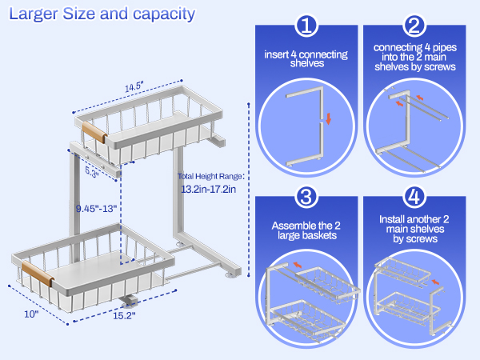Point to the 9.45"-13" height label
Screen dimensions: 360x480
pos(97,208)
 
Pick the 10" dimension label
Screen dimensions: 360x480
pos(31,314)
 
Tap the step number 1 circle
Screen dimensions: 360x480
pos(306,26)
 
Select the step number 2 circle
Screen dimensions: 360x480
pos(414,26)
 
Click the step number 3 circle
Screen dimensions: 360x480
pos(306,197)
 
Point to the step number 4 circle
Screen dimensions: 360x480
pos(414,197)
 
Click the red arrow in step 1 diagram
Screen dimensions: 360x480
pos(327,120)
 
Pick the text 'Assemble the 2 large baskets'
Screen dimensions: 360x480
pos(306,230)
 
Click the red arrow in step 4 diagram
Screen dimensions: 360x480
pos(435,281)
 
